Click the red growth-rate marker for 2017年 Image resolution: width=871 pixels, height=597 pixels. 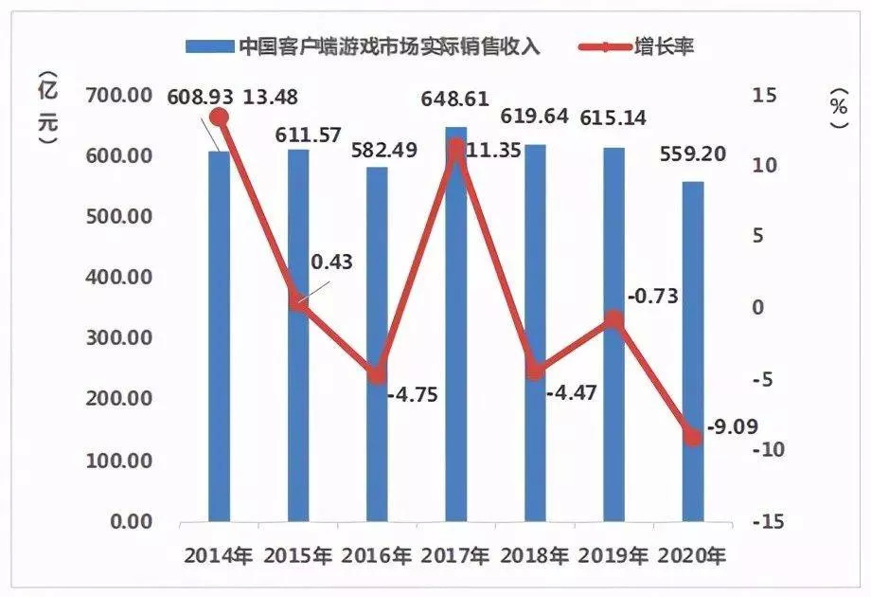(455, 148)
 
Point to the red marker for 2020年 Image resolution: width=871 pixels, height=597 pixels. (692, 437)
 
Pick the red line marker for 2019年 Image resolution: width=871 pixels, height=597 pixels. (613, 319)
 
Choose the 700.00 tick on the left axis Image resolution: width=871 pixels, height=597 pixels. (120, 95)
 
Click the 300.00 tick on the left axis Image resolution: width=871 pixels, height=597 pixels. (120, 338)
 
